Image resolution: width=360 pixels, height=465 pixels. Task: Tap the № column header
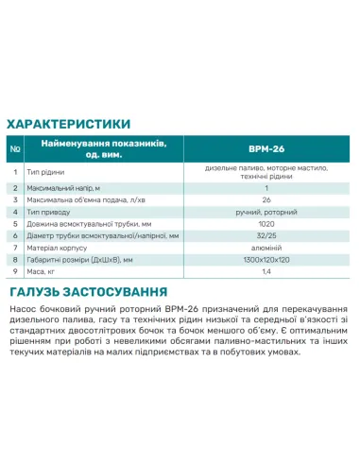(x=15, y=148)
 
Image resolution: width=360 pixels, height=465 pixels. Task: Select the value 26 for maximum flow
(x=266, y=200)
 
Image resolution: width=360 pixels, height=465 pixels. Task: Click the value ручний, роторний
(x=266, y=213)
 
